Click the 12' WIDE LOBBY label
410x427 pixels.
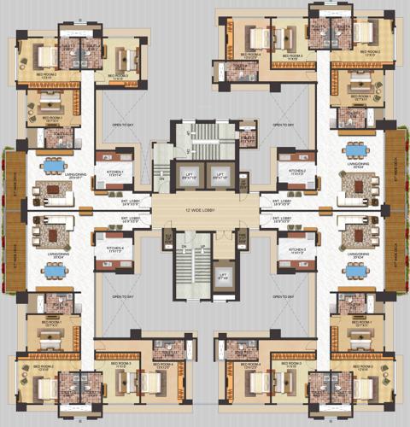206,210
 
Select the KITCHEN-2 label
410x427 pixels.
296,172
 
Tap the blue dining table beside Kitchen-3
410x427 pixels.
354,266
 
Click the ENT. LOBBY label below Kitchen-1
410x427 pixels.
117,203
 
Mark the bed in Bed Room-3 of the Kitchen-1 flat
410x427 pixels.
126,58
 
